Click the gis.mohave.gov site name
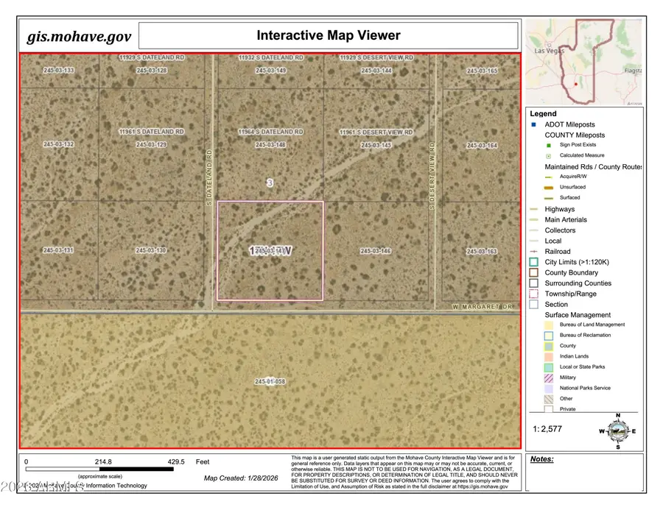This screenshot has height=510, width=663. (78, 37)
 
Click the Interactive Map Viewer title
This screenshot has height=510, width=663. (329, 35)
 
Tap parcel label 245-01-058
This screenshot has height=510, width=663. (270, 382)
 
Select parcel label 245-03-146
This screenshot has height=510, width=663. (376, 251)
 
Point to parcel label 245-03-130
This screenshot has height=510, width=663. (151, 251)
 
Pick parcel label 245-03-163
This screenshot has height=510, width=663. (482, 252)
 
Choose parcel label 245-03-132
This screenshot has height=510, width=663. (58, 145)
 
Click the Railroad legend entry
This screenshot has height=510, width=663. (557, 252)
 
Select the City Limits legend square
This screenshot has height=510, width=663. (534, 262)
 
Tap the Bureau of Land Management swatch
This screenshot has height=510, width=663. (549, 325)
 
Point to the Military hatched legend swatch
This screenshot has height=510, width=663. (549, 378)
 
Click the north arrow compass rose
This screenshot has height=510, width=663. (617, 431)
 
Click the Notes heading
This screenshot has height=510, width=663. (541, 459)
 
